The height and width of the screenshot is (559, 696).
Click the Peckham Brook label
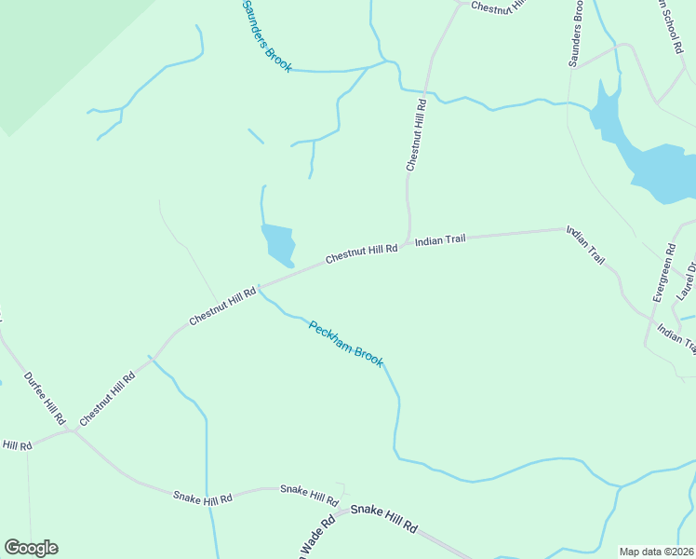pyautogui.click(x=346, y=344)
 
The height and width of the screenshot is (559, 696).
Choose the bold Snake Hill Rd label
pyautogui.click(x=382, y=518)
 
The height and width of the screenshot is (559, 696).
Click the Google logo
pyautogui.click(x=31, y=548)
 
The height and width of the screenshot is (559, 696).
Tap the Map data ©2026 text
pyautogui.click(x=657, y=552)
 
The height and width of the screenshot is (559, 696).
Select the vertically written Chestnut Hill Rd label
pyautogui.click(x=415, y=134)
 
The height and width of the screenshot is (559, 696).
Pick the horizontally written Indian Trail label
pyautogui.click(x=440, y=240)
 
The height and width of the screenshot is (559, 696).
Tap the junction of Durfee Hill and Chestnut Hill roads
pyautogui.click(x=73, y=430)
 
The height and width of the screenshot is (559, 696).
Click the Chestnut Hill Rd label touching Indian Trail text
pyautogui.click(x=362, y=251)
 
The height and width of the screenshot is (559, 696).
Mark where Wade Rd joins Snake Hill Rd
pyautogui.click(x=335, y=512)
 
